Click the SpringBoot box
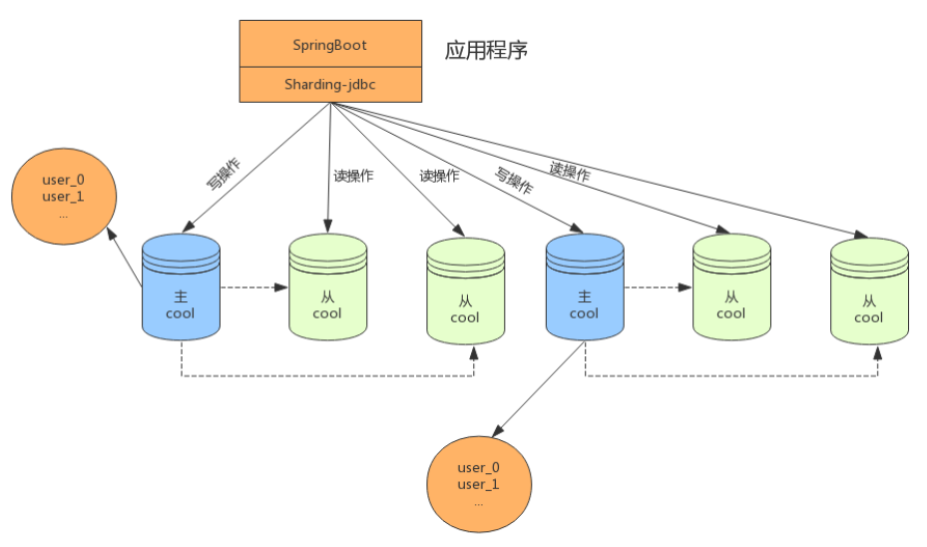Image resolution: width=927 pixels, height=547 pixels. coord(329,45)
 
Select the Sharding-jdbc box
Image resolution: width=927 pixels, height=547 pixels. coord(329,84)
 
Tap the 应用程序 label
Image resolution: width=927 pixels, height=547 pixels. coord(486,51)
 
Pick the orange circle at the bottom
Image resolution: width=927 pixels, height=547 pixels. coord(478,484)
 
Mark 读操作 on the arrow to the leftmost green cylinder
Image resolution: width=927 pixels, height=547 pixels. coord(353,175)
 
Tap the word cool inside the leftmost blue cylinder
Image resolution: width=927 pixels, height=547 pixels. coord(181,312)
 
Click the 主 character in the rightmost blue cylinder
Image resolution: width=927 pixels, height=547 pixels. coord(584,296)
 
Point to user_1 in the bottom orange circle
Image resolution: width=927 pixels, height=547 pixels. coord(478,484)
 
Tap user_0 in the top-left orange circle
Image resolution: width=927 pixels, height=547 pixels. coord(63,181)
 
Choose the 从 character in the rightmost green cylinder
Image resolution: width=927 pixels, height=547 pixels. coord(868,300)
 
